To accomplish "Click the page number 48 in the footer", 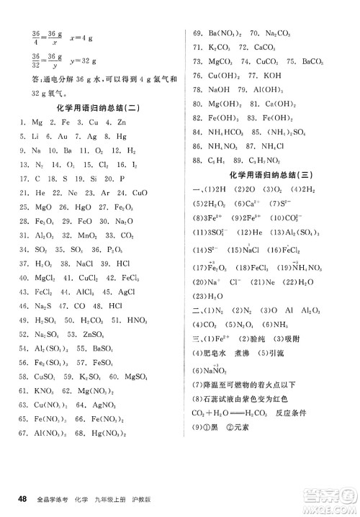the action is [23, 499].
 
